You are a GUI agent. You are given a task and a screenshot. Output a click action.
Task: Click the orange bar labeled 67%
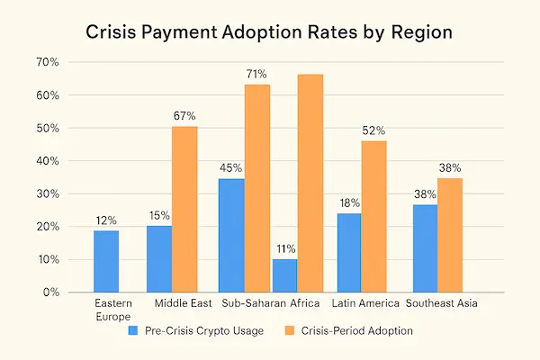(184, 209)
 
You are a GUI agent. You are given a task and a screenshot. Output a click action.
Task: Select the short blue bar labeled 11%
(283, 275)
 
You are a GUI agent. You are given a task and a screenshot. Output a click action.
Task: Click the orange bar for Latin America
(373, 216)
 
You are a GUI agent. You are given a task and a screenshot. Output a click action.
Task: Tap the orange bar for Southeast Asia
(450, 235)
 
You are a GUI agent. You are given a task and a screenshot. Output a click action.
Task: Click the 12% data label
(105, 219)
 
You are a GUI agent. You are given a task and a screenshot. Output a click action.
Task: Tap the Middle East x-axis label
(184, 304)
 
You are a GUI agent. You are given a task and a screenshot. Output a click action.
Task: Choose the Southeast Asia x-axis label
(440, 304)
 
